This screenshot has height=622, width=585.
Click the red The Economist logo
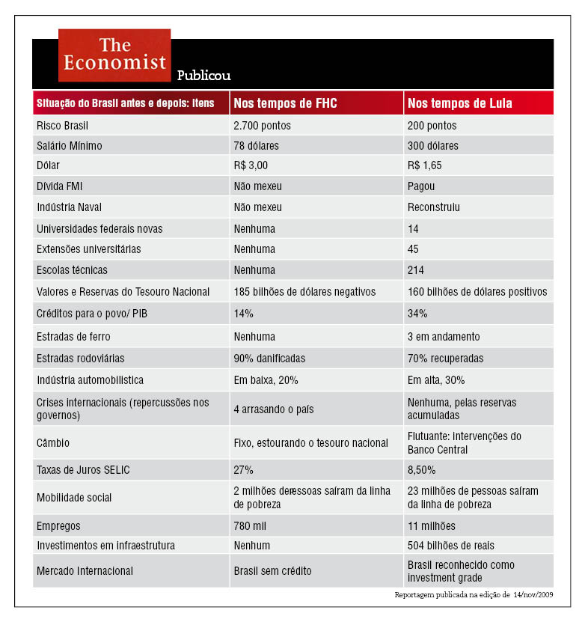114,55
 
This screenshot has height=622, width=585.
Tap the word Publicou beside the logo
203,75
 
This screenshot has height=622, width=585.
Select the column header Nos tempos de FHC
285,103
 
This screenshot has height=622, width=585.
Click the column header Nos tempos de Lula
459,103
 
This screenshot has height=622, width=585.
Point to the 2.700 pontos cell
262,126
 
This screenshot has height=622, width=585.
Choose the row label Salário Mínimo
70,145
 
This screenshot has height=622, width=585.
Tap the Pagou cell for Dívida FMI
421,186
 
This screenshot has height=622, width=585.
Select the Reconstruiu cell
434,206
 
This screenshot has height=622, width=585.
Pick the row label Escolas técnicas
72,269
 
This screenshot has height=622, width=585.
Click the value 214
416,269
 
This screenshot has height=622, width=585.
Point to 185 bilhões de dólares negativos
304,291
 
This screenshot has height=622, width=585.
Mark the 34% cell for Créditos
417,313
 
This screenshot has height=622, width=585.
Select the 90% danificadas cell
269,359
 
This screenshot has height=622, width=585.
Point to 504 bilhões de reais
450,545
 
